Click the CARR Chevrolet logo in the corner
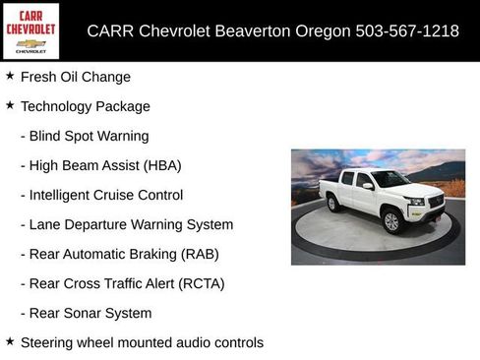[30, 30]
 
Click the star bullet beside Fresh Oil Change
[10, 76]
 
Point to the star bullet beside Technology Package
[10, 105]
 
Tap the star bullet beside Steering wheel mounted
[10, 341]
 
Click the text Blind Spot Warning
[89, 136]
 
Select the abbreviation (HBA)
[161, 165]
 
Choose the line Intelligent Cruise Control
[106, 195]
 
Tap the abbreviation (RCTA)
[202, 283]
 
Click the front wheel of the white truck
[390, 221]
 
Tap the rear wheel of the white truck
[332, 204]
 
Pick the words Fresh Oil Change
[75, 77]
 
